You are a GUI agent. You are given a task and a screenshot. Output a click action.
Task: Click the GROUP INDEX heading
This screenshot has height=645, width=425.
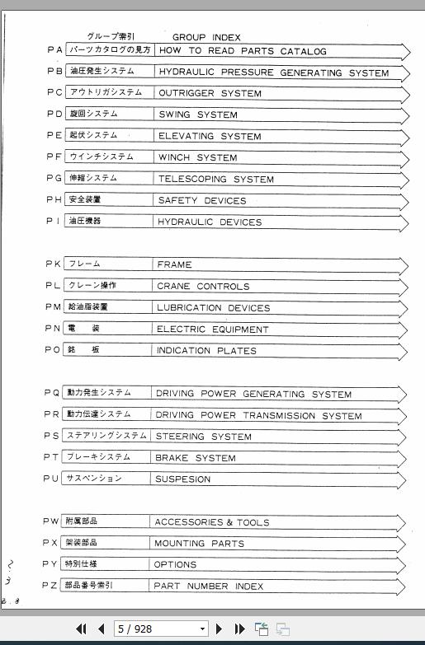206,37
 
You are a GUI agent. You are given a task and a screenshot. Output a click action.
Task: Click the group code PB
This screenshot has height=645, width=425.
54,72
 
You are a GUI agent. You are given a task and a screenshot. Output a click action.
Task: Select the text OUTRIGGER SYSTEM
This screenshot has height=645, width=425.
210,93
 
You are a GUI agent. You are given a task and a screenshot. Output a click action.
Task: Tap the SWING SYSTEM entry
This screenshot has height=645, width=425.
197,115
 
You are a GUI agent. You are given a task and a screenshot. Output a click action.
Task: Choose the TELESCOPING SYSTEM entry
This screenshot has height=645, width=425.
215,179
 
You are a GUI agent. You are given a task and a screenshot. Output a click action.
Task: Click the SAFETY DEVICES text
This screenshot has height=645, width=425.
201,200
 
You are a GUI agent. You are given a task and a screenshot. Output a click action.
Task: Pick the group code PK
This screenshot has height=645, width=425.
53,264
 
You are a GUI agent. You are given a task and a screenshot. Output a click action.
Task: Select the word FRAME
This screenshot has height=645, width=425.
174,264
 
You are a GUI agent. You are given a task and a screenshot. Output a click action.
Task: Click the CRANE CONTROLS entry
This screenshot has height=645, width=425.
202,287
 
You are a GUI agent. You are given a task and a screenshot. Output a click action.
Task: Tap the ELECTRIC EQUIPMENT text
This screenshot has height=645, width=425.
212,330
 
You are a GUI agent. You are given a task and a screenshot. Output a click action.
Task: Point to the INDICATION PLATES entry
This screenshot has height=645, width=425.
206,351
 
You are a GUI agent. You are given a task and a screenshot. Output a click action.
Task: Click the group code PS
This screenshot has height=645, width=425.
51,436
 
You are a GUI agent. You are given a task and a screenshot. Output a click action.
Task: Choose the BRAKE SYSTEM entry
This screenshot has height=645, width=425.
196,458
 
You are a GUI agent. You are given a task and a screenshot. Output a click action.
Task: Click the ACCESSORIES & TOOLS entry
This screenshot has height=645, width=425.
211,522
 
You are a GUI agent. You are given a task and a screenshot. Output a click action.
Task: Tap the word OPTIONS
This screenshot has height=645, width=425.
175,565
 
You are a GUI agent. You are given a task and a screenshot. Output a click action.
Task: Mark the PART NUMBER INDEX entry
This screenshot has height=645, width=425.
209,587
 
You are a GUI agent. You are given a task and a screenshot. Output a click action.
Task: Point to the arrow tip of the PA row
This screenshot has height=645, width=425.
408,51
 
